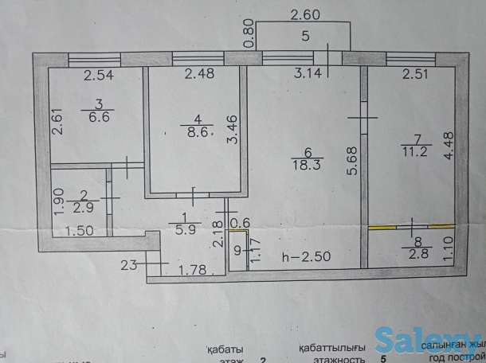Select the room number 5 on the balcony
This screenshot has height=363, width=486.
pyautogui.click(x=306, y=36)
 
